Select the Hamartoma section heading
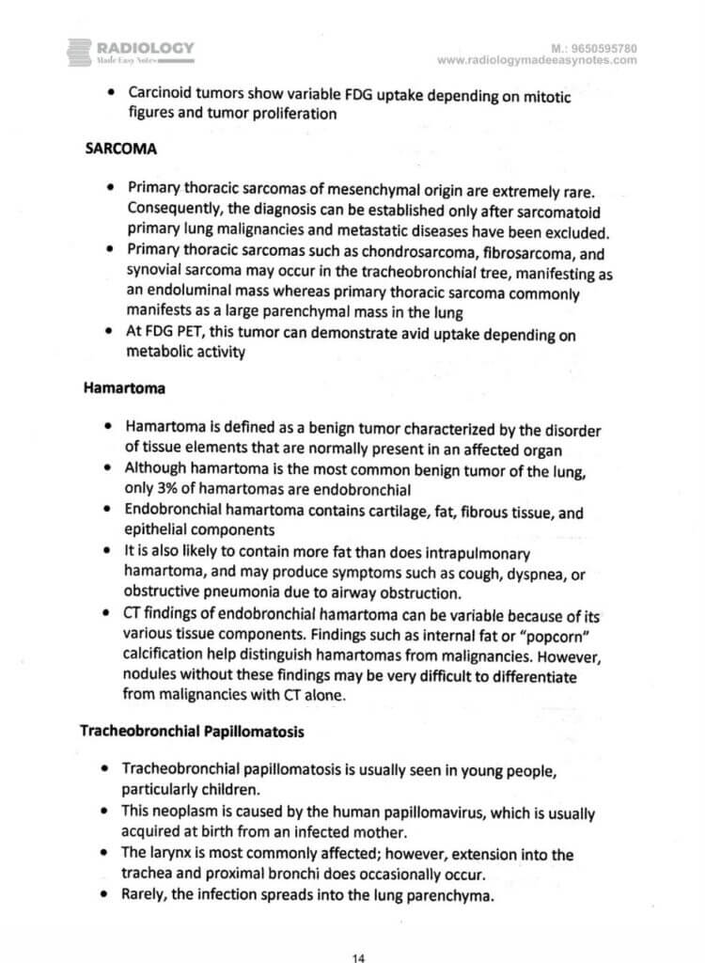(117, 385)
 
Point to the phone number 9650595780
(599, 47)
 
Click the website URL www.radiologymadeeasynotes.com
(537, 60)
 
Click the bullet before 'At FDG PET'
(110, 336)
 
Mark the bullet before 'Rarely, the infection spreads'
(110, 896)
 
